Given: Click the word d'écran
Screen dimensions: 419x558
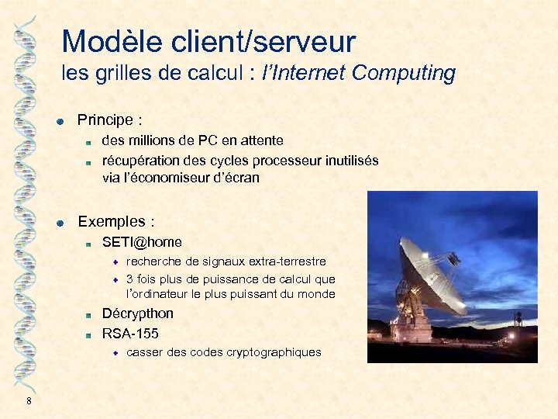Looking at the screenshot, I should [232, 178].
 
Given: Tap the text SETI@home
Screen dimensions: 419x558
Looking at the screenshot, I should [142, 242].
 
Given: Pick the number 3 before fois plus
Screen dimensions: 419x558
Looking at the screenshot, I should [129, 279].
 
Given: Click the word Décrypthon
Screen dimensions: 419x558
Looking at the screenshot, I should [138, 313].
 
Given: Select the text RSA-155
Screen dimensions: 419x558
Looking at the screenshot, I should [130, 334].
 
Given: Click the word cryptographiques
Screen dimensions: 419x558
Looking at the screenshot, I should [274, 352].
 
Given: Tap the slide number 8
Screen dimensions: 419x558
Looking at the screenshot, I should [29, 400].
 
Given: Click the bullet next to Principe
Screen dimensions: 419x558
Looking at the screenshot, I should [59, 121].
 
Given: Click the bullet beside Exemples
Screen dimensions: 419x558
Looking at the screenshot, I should [59, 223].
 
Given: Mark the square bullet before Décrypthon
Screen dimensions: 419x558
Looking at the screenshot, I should [89, 315].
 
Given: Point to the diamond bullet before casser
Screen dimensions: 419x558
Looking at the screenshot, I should [115, 352].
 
